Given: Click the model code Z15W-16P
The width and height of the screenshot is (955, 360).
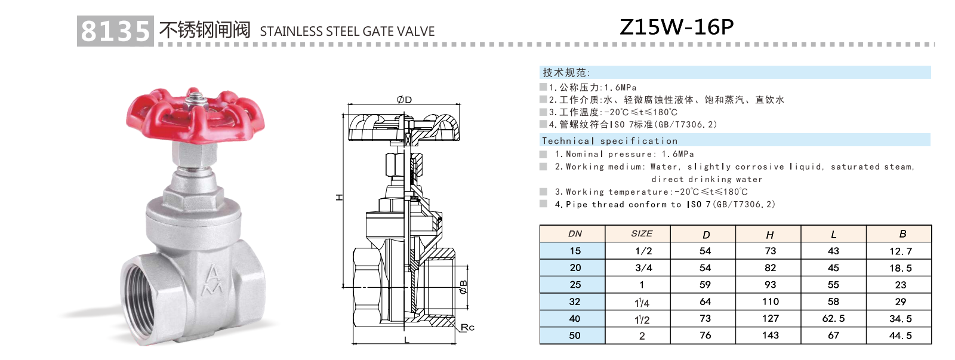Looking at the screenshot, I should (676, 27).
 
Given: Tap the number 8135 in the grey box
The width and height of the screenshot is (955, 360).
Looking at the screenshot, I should (115, 31).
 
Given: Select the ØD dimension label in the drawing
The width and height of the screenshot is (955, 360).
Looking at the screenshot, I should (404, 100).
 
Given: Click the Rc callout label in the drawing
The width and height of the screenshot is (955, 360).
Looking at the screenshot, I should (467, 327).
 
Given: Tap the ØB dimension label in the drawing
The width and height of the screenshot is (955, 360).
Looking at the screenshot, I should (464, 287).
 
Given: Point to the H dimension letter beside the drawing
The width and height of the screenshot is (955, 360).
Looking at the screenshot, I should (339, 197).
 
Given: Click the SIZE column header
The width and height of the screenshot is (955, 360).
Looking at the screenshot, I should (642, 233).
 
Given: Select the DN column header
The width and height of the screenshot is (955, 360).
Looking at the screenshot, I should (575, 233).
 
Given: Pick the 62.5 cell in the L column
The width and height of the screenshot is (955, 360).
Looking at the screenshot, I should (833, 318).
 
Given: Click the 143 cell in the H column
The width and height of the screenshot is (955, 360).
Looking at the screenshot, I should (770, 335).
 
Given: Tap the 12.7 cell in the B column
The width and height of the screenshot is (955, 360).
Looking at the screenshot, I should (900, 251).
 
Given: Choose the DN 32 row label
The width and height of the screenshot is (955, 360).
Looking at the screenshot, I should (574, 301).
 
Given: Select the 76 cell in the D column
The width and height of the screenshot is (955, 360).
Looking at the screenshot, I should (705, 335).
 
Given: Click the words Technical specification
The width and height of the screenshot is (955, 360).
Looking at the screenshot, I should (609, 141).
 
